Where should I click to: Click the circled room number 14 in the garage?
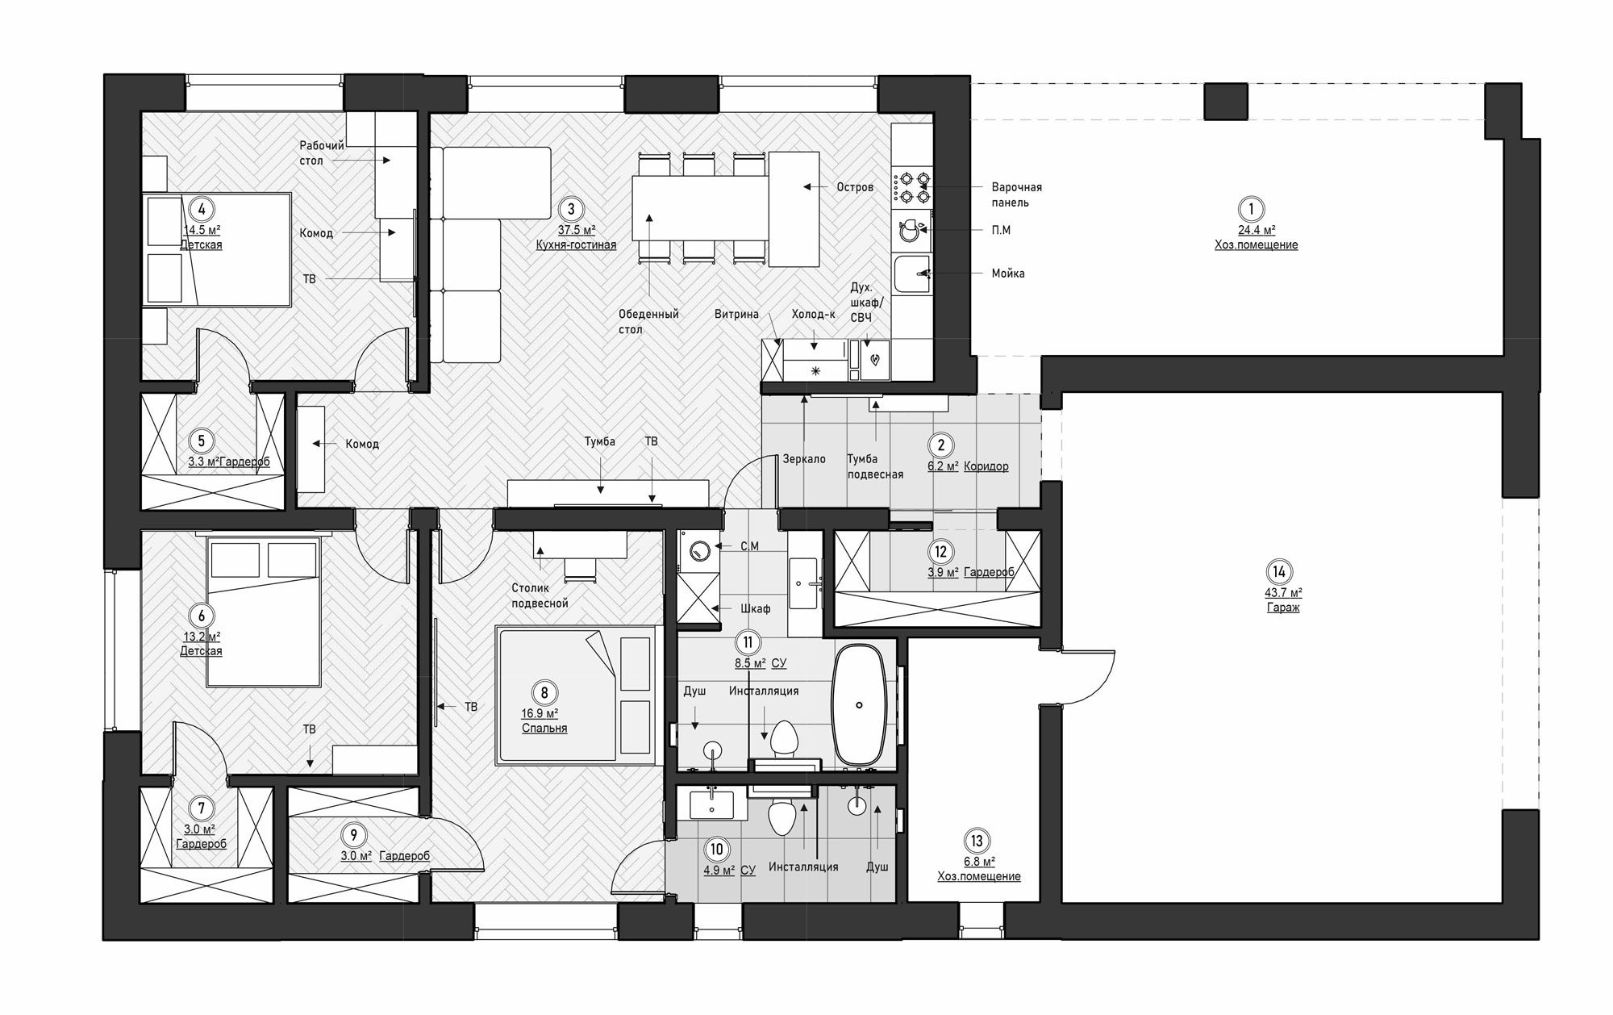(1278, 572)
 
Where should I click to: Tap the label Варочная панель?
(1017, 194)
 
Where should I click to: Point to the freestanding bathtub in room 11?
(860, 704)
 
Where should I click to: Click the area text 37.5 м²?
(576, 230)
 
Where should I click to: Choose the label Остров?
(855, 187)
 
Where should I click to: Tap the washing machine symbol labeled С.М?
(698, 550)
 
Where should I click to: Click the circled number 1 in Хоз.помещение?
(1251, 209)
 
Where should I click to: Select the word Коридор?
(986, 466)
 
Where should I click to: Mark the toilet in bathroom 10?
(779, 815)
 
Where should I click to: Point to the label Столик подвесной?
(540, 595)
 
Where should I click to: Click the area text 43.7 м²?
(1283, 593)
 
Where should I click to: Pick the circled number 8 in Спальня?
(544, 692)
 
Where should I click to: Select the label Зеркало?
(804, 459)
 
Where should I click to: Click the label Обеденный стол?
(648, 321)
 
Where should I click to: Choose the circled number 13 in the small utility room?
(977, 841)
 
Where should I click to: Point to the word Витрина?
(736, 314)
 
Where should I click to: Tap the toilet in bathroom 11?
(784, 738)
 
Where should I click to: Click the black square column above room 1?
(1226, 102)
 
